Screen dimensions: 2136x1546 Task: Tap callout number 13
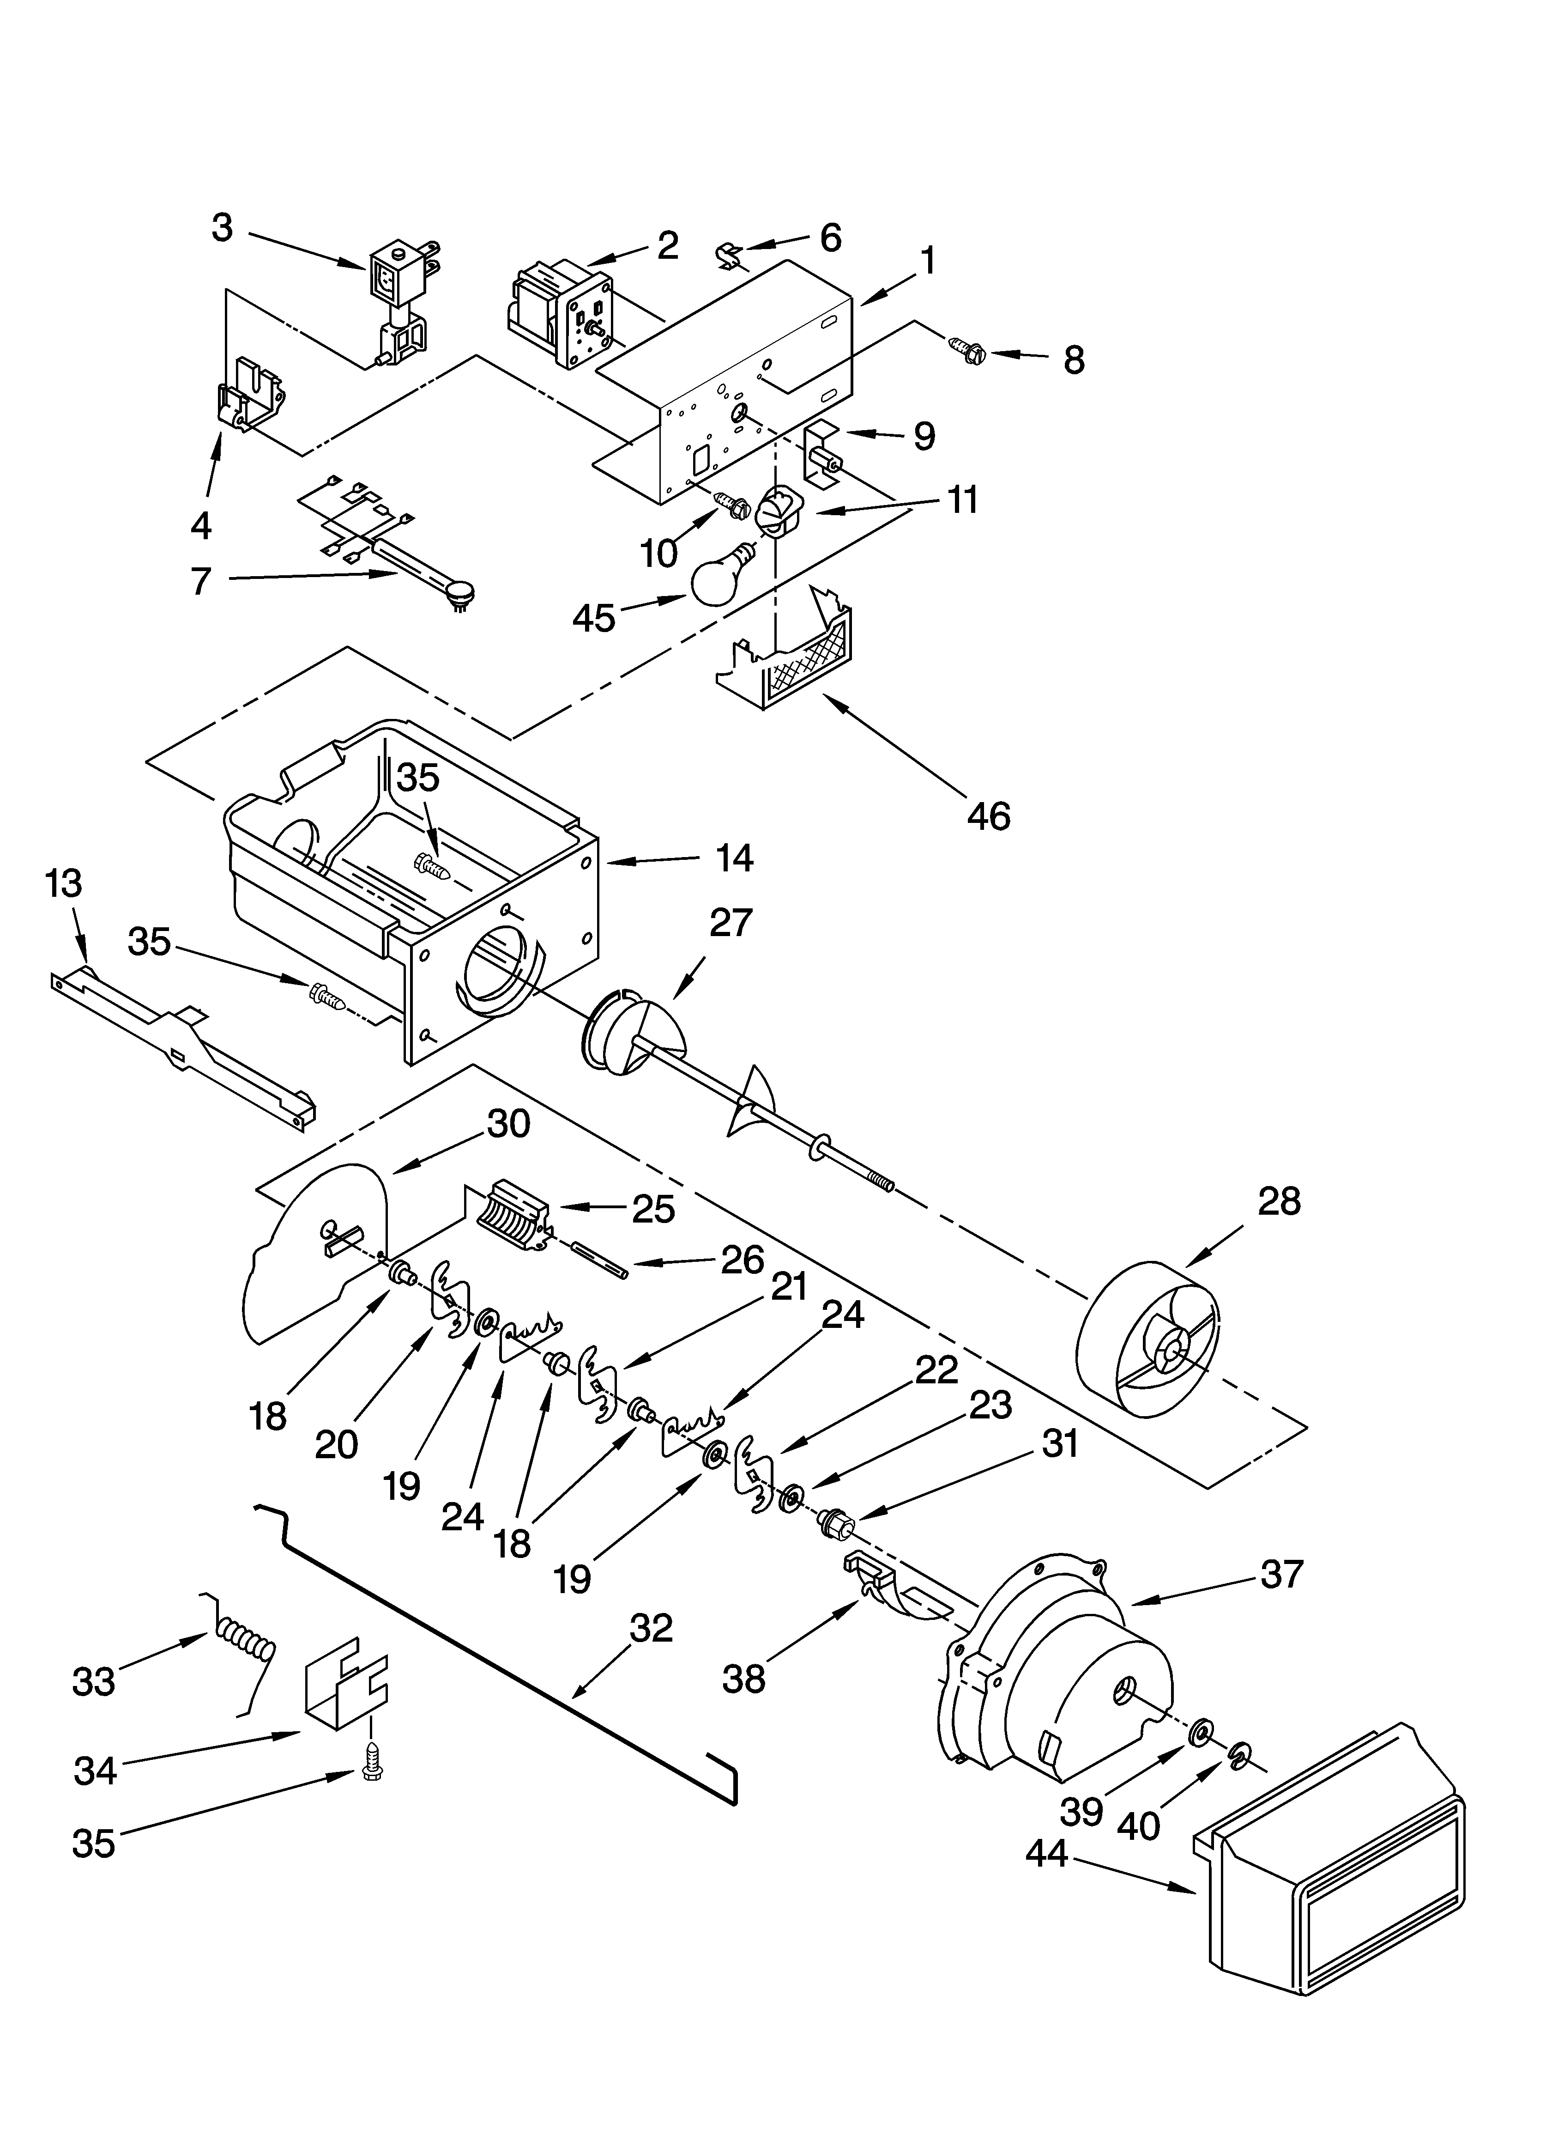point(64,883)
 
